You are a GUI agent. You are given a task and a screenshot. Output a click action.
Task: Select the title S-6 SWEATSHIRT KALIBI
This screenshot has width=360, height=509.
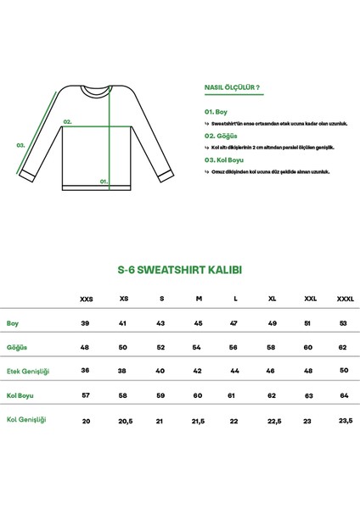pos(179,271)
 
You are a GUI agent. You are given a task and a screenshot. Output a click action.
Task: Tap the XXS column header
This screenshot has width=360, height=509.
pos(86,299)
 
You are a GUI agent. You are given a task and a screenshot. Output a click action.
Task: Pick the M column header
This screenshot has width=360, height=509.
pos(198,299)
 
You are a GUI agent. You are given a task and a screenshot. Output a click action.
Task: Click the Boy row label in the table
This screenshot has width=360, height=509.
pos(13,323)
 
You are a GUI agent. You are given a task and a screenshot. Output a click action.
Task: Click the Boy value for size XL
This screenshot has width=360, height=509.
pos(273,324)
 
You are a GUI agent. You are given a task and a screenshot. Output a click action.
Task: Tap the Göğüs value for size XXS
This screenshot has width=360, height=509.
pos(86,347)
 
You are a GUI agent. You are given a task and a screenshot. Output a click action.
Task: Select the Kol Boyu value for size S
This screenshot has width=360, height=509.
pos(160,395)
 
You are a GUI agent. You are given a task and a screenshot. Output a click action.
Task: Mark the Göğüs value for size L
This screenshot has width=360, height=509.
pos(235,347)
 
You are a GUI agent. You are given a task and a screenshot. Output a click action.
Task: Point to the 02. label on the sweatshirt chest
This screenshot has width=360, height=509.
pos(68,121)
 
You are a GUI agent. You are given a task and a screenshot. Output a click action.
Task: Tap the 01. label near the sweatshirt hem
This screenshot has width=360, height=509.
pos(104,181)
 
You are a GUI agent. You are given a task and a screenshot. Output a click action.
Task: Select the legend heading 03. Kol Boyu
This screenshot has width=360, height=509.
pos(226,159)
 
